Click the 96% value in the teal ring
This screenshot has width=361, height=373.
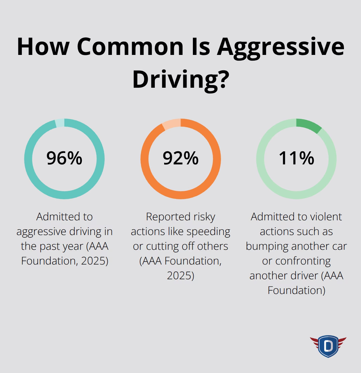(64, 158)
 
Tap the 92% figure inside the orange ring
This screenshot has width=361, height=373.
(180, 158)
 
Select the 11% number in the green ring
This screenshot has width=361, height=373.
(296, 158)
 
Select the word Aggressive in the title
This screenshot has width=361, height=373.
(280, 47)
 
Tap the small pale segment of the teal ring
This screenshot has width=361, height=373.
(59, 123)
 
